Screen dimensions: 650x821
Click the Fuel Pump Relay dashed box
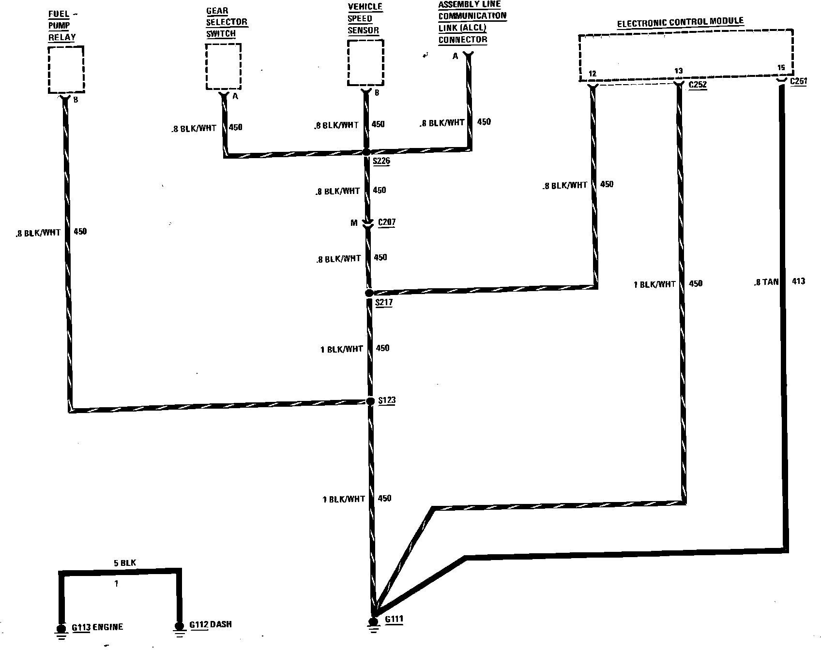click(66, 70)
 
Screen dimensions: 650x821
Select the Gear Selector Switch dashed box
click(223, 66)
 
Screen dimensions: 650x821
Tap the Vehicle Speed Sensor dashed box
click(365, 63)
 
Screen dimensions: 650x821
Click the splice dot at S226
click(366, 152)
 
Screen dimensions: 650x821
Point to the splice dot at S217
click(369, 293)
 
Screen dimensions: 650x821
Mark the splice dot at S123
click(370, 401)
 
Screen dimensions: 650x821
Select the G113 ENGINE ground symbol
click(61, 630)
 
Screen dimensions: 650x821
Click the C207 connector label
click(386, 222)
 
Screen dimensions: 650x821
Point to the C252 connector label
click(698, 85)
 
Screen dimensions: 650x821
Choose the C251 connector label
click(798, 81)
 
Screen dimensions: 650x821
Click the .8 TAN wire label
click(766, 282)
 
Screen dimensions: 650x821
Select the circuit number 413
click(798, 281)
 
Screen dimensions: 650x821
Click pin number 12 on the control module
click(592, 74)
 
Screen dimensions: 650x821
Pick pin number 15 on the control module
click(780, 67)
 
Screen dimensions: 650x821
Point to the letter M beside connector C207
click(354, 223)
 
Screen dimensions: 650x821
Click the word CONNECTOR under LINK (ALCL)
click(462, 40)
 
